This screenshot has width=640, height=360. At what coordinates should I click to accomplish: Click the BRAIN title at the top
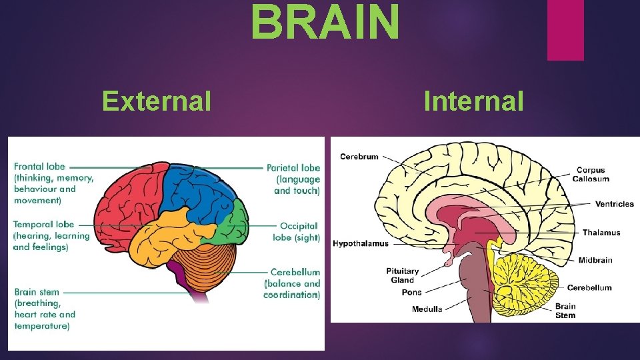326,21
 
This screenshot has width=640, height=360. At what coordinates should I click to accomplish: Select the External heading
157,101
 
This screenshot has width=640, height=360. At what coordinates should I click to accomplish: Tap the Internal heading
473,101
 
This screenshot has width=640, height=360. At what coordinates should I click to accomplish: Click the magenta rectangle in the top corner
565,29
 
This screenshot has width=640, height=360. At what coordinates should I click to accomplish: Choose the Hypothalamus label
360,244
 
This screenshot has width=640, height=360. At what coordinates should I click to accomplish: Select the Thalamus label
601,233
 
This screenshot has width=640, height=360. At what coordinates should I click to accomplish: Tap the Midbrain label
595,260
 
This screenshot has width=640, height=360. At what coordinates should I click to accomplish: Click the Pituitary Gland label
403,275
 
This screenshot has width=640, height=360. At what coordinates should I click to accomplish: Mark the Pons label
412,293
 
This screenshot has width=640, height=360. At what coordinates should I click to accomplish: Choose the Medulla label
427,309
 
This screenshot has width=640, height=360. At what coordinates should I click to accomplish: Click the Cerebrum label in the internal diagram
359,157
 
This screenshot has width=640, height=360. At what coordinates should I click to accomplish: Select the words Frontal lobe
39,167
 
